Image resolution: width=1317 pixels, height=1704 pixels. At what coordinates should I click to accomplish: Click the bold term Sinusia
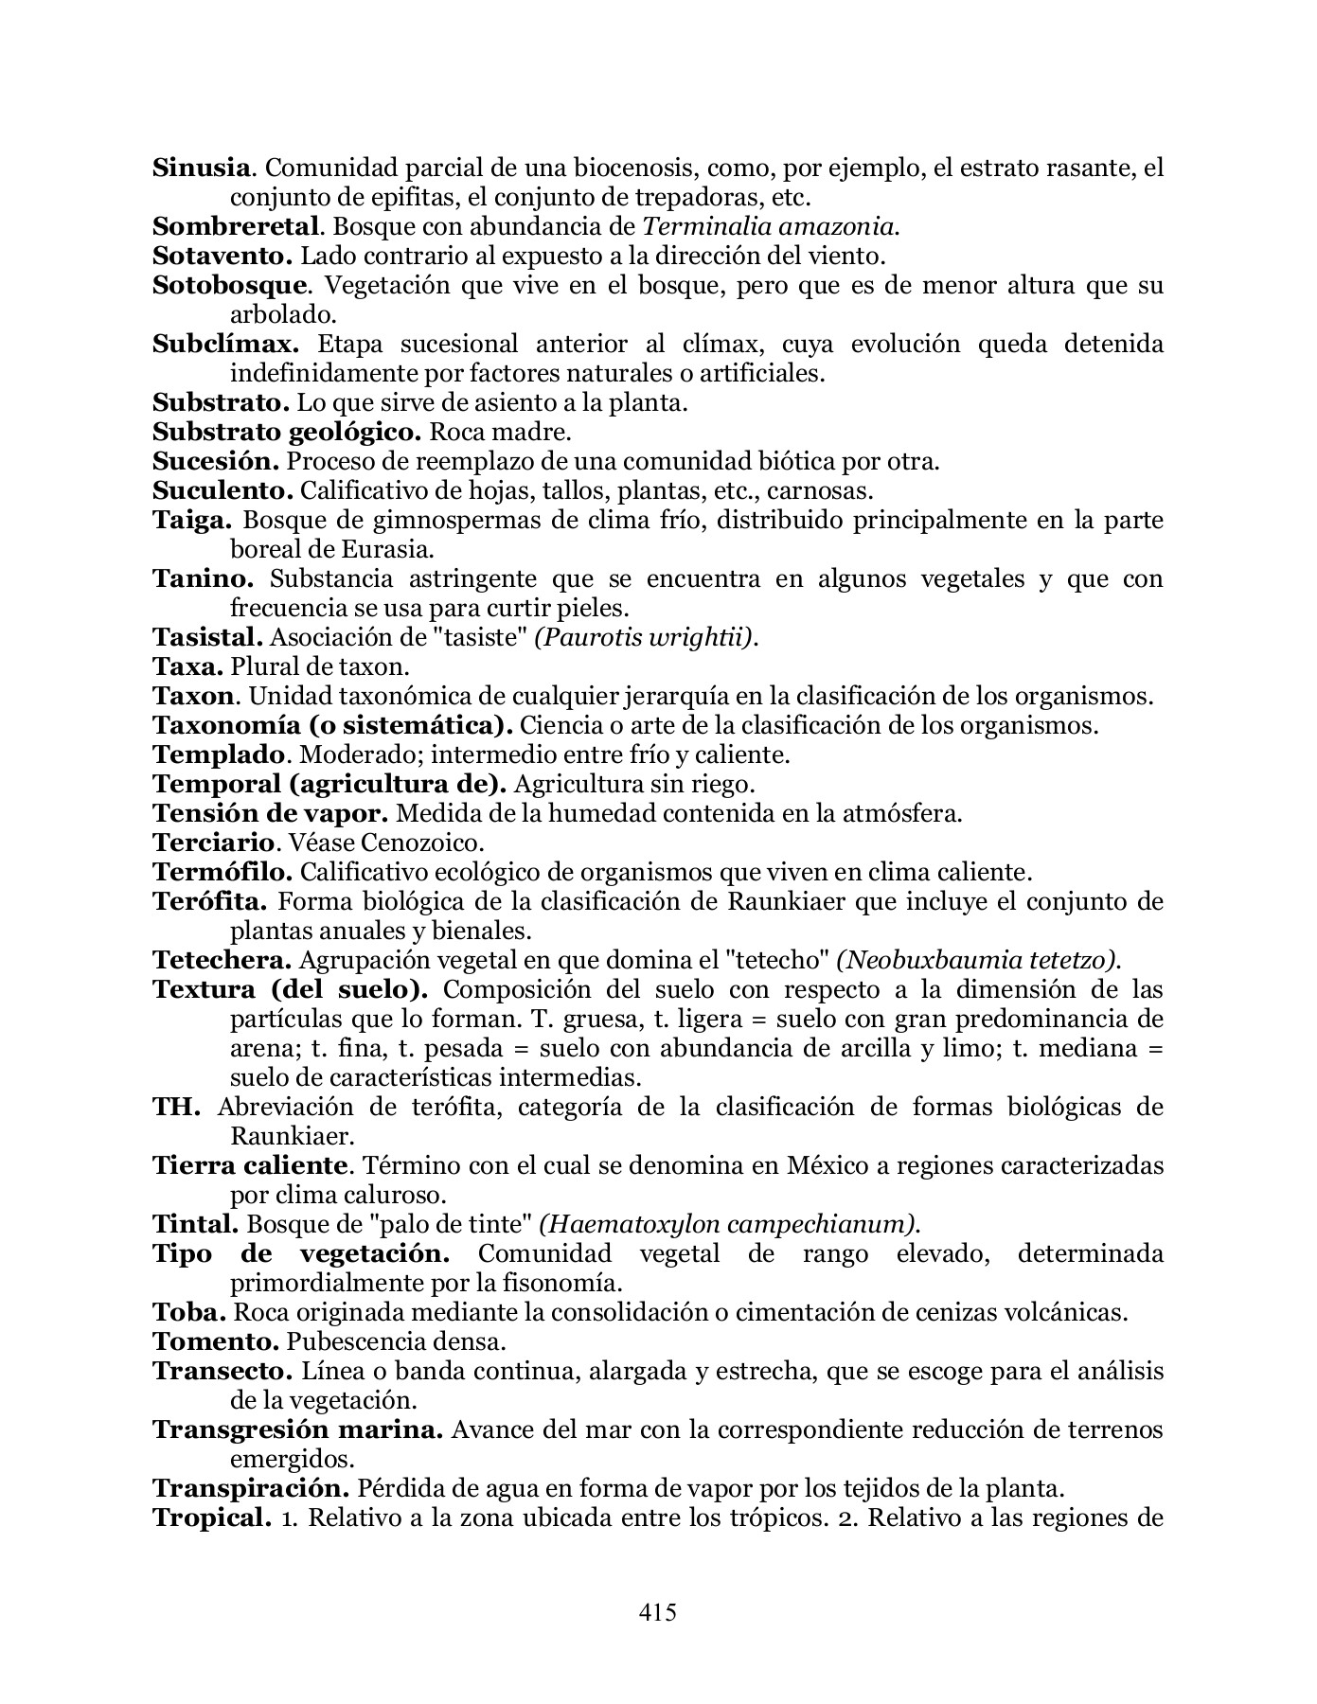point(203,169)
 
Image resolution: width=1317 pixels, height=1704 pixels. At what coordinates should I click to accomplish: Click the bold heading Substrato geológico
point(286,433)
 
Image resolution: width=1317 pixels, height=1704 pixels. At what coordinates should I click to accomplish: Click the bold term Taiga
point(192,521)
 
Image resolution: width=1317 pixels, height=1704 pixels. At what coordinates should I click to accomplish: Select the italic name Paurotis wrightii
point(646,638)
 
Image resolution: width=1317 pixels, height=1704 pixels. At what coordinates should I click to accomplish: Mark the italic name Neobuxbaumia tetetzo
point(978,960)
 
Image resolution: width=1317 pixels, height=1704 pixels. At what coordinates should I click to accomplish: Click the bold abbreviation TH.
point(176,1108)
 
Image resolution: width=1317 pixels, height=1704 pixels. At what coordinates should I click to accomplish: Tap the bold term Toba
point(189,1313)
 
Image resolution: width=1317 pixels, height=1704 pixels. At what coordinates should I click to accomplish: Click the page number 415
point(658,1612)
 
